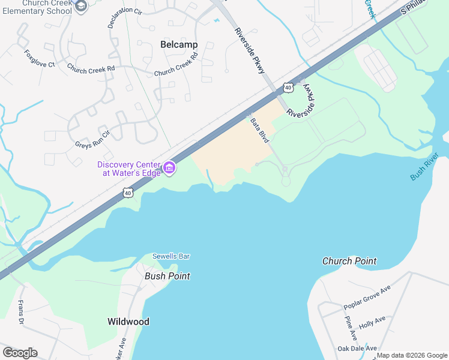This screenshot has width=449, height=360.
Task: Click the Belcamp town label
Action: [x=179, y=44]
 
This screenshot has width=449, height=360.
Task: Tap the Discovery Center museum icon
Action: [x=169, y=167]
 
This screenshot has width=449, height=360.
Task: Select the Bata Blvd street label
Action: [x=259, y=130]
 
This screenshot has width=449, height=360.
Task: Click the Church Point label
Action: [x=349, y=261]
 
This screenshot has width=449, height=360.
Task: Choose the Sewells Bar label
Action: [x=170, y=256]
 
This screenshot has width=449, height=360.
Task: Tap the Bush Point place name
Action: [x=167, y=276]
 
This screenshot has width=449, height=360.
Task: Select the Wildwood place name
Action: [x=128, y=322]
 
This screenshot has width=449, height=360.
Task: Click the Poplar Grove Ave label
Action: [x=367, y=298]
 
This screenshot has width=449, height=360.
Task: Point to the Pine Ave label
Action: [x=351, y=328]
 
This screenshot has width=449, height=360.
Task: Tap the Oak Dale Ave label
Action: [x=357, y=348]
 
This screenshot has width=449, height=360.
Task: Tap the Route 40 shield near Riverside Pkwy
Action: [x=289, y=88]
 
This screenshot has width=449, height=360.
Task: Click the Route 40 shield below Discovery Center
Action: [x=127, y=192]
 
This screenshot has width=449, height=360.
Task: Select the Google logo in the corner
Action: [x=20, y=353]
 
